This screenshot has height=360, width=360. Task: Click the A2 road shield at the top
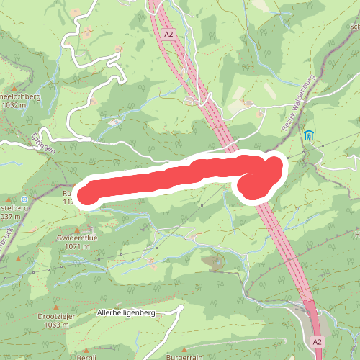tap(168, 34)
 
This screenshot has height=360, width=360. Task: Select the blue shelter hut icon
tap(309, 135)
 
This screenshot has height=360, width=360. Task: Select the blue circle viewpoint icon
tap(24, 199)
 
